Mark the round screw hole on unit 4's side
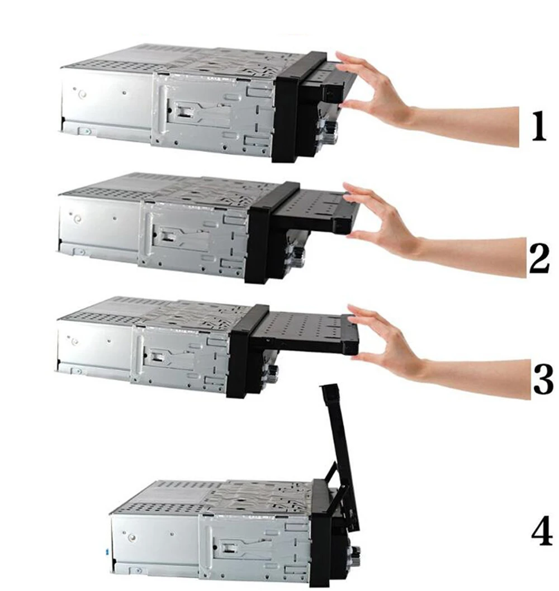[x=131, y=537]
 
